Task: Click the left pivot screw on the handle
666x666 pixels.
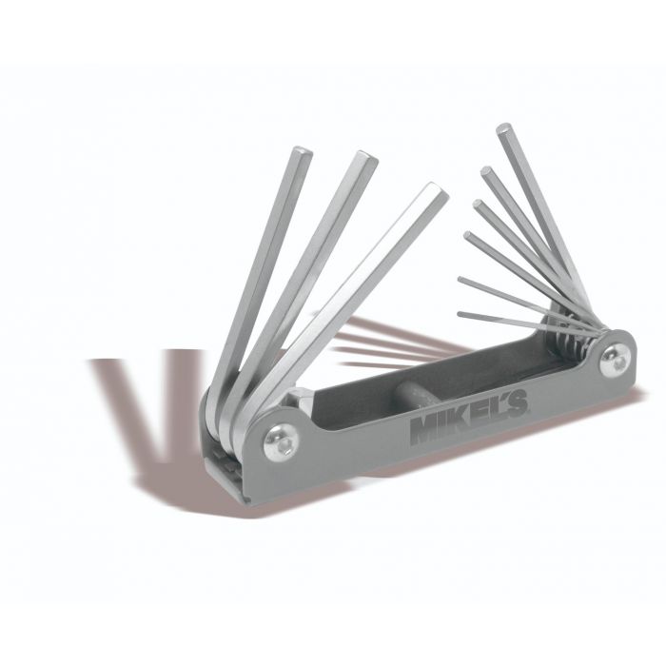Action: (x=281, y=444)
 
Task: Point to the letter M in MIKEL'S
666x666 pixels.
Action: (x=426, y=429)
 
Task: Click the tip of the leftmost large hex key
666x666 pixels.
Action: (x=302, y=151)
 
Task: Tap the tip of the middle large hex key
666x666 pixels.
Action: (x=367, y=155)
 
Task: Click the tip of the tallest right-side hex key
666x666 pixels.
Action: (x=504, y=127)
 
